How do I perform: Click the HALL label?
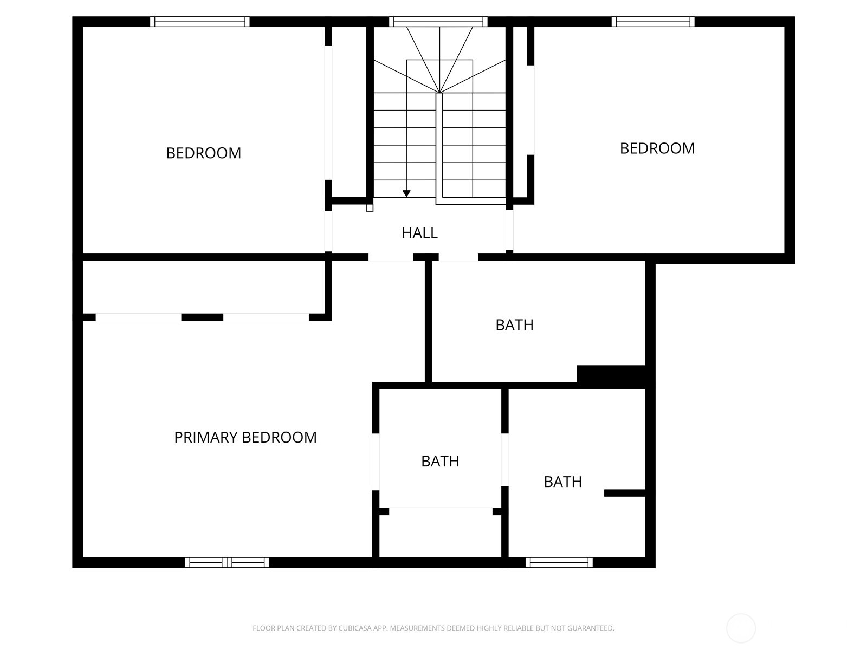tap(419, 233)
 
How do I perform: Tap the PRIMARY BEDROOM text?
tap(245, 437)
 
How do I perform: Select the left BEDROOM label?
tap(203, 153)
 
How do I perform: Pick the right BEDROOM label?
tap(657, 148)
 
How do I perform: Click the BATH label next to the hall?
tap(514, 325)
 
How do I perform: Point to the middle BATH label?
tap(440, 461)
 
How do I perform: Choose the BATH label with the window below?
tap(562, 482)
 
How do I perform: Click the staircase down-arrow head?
tap(406, 193)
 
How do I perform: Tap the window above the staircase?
tap(438, 22)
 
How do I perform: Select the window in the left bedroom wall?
tap(200, 22)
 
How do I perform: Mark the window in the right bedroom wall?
tap(653, 22)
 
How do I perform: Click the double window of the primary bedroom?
tap(227, 562)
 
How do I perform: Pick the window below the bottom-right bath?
tap(559, 562)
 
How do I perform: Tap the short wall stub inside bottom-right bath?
tap(624, 493)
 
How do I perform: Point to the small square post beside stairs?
tap(370, 207)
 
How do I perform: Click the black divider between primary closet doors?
tap(202, 317)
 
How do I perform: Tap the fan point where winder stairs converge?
tap(439, 93)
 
